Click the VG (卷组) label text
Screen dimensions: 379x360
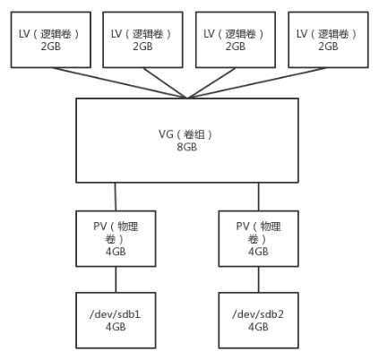185,134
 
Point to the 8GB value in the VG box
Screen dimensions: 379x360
187,147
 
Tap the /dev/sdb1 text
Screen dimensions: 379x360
116,314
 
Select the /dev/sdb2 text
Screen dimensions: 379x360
258,314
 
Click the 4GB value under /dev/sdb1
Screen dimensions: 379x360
116,327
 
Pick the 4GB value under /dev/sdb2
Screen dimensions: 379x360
258,327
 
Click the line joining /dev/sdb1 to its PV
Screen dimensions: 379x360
116,279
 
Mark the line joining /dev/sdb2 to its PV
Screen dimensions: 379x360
259,279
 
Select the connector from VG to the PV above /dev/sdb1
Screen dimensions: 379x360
116,197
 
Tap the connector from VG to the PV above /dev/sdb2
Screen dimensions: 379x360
259,197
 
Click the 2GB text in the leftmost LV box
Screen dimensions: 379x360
51,47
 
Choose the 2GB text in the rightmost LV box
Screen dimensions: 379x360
328,47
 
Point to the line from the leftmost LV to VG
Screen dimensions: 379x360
119,82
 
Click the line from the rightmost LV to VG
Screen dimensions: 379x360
257,82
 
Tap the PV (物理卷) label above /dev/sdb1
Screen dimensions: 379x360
116,233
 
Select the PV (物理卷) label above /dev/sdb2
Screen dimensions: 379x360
258,233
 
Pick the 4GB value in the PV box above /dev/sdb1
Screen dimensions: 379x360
116,252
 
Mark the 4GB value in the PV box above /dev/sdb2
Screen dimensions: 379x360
258,252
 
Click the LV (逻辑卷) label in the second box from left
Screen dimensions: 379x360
141,34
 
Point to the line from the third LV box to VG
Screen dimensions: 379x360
211,82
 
